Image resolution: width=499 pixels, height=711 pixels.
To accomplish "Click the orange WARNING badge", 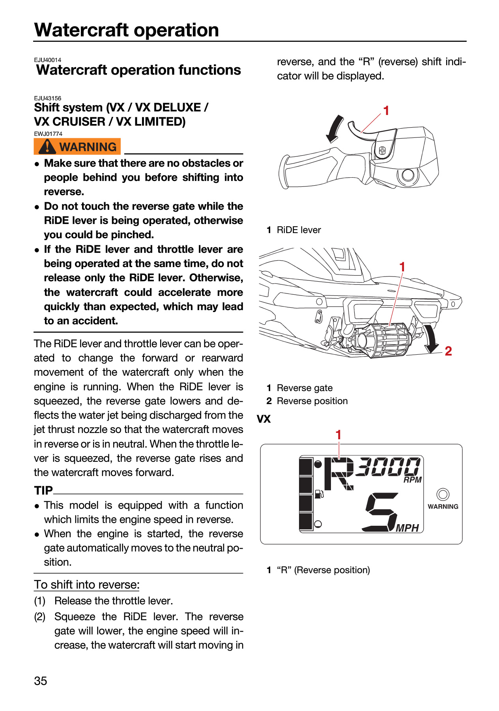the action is pyautogui.click(x=77, y=147).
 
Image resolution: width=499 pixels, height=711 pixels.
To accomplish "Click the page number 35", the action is pyautogui.click(x=41, y=681).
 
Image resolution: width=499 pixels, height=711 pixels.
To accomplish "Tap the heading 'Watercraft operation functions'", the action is pyautogui.click(x=138, y=70).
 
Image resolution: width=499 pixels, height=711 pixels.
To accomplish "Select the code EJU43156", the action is pyautogui.click(x=48, y=98).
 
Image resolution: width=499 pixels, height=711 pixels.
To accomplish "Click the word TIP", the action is pyautogui.click(x=43, y=490).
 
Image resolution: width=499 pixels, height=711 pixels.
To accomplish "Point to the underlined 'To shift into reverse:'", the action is pyautogui.click(x=87, y=585).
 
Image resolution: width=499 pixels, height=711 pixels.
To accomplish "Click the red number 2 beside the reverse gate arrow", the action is pyautogui.click(x=448, y=351).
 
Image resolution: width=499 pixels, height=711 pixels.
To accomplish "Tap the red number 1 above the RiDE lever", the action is pyautogui.click(x=386, y=111).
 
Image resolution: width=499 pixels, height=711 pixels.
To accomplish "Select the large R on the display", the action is pyautogui.click(x=338, y=474).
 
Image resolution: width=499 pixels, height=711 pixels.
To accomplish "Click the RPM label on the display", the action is pyautogui.click(x=413, y=480).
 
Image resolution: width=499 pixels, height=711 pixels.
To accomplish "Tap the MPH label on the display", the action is pyautogui.click(x=407, y=528).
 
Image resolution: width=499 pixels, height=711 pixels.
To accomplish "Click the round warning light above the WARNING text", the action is pyautogui.click(x=443, y=494).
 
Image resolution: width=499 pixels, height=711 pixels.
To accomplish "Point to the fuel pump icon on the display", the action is pyautogui.click(x=319, y=494).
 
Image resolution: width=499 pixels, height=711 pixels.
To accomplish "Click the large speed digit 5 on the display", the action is pyautogui.click(x=380, y=512).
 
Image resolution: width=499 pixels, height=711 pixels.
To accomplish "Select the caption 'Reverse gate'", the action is pyautogui.click(x=305, y=388).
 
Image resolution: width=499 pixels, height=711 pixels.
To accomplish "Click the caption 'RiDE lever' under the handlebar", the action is pyautogui.click(x=299, y=230).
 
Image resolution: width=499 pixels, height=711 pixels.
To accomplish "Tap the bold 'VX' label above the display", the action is pyautogui.click(x=264, y=419).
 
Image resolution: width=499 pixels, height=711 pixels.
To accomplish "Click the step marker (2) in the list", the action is pyautogui.click(x=40, y=617).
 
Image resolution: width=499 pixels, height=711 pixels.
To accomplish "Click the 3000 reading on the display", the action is pyautogui.click(x=388, y=466).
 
